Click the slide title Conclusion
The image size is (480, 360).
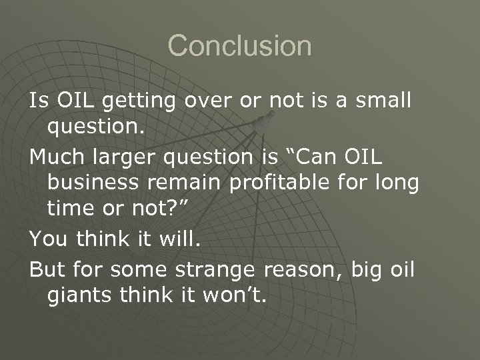[239, 47]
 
